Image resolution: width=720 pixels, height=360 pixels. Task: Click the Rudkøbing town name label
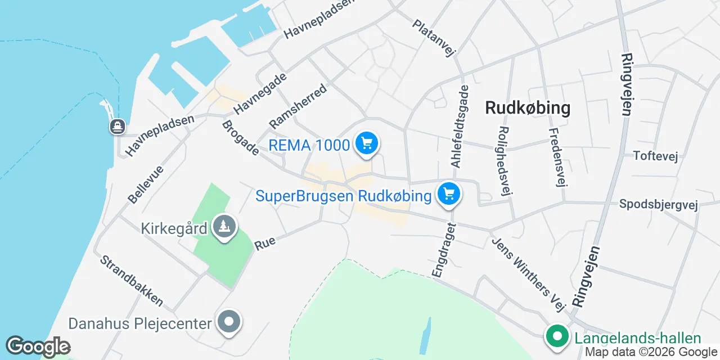(x=528, y=108)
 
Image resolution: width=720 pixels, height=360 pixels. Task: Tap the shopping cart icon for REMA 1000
(x=367, y=144)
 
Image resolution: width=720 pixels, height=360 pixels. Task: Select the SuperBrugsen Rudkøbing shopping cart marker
(x=448, y=195)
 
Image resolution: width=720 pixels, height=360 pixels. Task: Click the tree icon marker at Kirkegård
(x=225, y=227)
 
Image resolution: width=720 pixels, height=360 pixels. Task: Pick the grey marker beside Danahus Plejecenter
(x=229, y=322)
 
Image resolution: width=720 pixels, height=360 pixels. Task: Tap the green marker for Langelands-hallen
(x=557, y=337)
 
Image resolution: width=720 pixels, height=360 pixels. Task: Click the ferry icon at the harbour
(x=118, y=126)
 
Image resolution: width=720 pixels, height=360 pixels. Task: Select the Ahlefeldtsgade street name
(x=460, y=126)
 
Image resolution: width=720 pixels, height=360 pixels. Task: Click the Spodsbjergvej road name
(x=658, y=204)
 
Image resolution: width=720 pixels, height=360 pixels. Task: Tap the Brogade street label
(x=240, y=138)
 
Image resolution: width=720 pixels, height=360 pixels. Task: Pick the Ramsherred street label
(x=298, y=106)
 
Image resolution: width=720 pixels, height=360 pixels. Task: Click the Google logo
(x=38, y=346)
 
